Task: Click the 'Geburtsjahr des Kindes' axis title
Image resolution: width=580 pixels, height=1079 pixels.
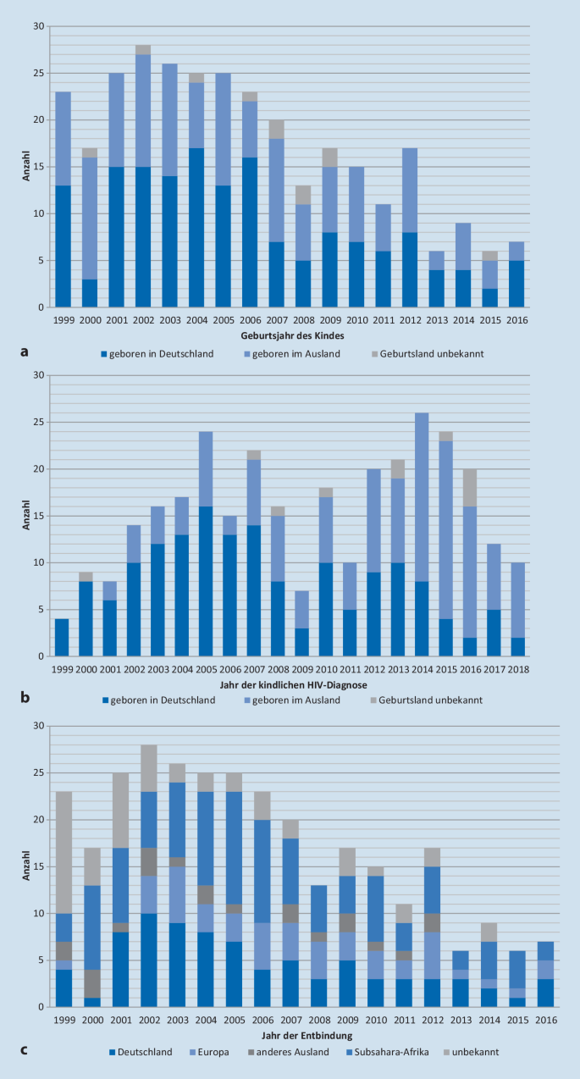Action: (292, 335)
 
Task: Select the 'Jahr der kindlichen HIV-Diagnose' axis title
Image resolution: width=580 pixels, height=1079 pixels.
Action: (293, 684)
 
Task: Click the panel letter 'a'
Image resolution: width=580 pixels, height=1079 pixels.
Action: (24, 352)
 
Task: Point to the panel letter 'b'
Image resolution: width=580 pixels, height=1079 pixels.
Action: (25, 698)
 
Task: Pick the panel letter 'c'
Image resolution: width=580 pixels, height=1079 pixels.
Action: (24, 1049)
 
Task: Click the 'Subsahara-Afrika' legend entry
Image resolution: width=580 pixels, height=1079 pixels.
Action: (387, 1052)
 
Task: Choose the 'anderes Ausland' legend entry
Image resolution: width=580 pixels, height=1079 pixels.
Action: (289, 1052)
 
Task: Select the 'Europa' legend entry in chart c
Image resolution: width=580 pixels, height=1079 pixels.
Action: (209, 1052)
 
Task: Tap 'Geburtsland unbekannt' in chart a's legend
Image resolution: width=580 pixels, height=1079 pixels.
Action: (428, 354)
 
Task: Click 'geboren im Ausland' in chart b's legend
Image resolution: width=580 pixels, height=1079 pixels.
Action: (292, 700)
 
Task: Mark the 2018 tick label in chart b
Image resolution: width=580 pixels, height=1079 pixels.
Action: (518, 670)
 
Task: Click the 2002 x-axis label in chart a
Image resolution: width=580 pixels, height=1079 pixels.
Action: (144, 320)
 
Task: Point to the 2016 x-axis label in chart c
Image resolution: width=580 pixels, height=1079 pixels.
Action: (546, 1020)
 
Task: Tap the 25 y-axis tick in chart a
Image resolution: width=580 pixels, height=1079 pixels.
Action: (39, 73)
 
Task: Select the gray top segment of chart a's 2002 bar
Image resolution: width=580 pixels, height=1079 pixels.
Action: (143, 50)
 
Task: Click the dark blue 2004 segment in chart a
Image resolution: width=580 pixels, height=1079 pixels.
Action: (196, 227)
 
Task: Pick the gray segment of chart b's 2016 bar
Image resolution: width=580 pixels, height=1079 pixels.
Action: (471, 488)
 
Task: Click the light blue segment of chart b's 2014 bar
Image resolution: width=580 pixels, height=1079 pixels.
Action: (422, 497)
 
